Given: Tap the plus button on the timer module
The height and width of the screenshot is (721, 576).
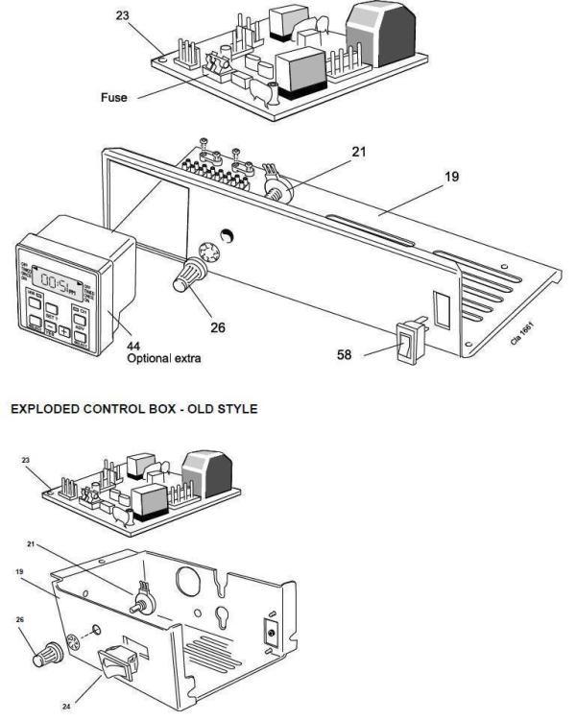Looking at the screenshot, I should (63, 330).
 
